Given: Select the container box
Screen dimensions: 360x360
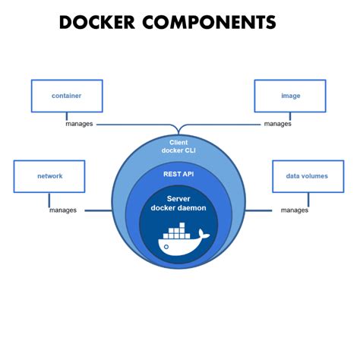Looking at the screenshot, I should pyautogui.click(x=66, y=96).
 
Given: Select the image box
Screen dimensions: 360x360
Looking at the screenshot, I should pyautogui.click(x=289, y=96).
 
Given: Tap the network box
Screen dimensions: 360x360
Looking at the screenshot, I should pyautogui.click(x=49, y=176).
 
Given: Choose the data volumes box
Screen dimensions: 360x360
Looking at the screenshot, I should pyautogui.click(x=307, y=176).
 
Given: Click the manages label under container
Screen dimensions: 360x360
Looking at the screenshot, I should pyautogui.click(x=80, y=124).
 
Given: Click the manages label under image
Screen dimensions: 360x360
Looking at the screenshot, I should pyautogui.click(x=276, y=124).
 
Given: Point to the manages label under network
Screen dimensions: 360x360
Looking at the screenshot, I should pyautogui.click(x=63, y=210).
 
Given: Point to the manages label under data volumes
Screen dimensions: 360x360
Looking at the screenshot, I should pyautogui.click(x=294, y=210).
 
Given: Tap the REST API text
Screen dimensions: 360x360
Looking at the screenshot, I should pyautogui.click(x=179, y=174).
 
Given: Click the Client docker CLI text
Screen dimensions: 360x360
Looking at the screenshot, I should pyautogui.click(x=179, y=147).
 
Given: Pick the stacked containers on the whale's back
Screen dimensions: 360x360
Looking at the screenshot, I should pyautogui.click(x=176, y=231).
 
